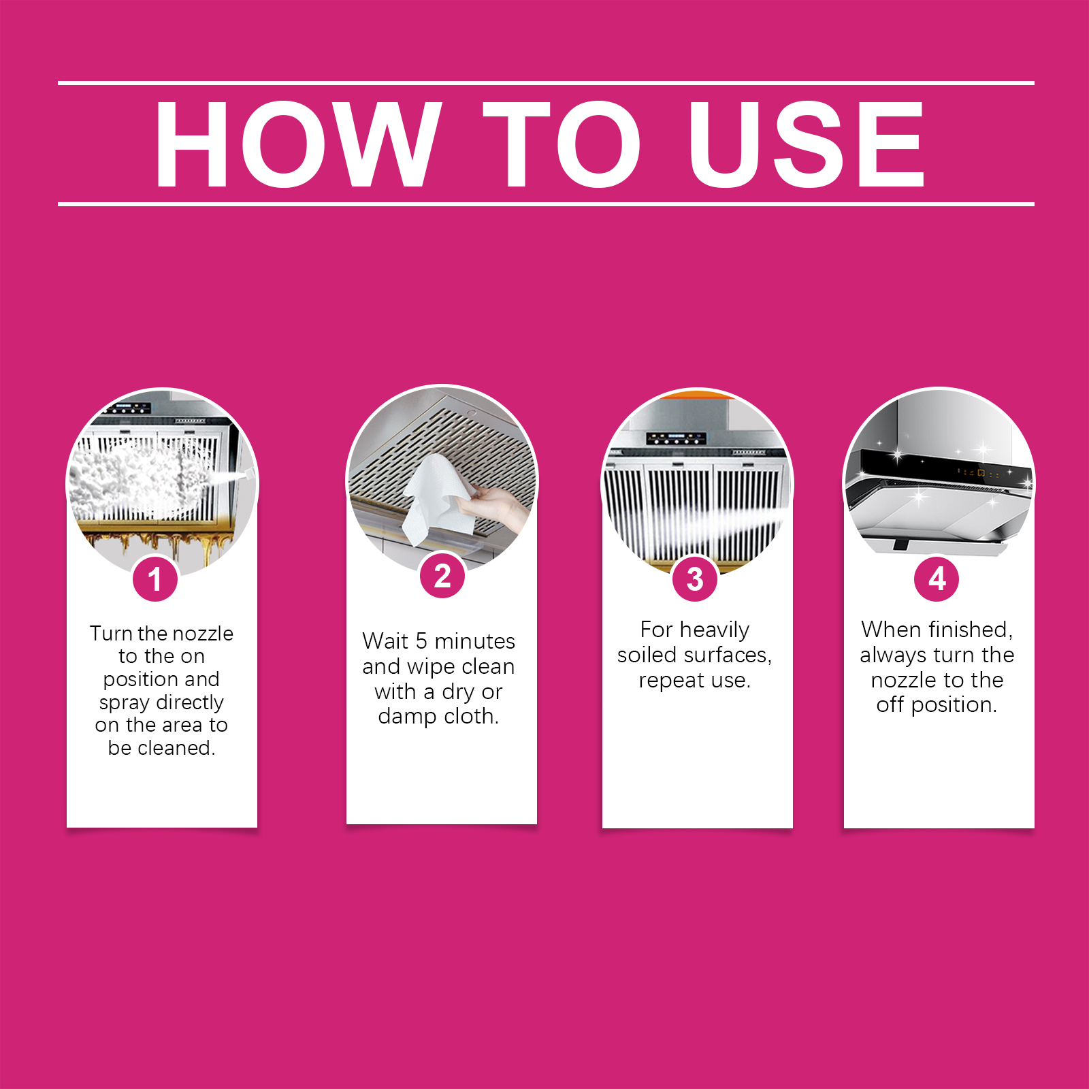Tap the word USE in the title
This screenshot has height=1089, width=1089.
click(807, 144)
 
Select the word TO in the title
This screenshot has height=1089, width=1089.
click(562, 144)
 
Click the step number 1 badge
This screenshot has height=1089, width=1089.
click(155, 579)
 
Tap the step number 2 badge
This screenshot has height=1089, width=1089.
click(442, 576)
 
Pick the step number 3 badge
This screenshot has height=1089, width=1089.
click(695, 579)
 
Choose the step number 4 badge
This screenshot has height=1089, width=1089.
click(937, 579)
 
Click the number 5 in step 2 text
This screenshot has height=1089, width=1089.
click(421, 641)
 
